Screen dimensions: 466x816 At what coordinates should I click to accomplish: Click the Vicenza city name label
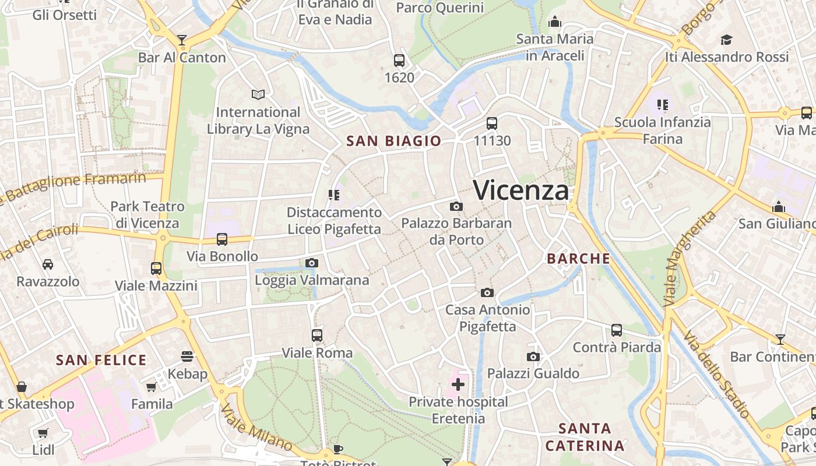tap(520, 190)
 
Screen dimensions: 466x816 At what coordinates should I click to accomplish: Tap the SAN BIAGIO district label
tap(393, 141)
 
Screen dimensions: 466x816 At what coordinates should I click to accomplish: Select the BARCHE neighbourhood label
tap(578, 259)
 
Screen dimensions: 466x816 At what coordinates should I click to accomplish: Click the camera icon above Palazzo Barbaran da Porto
tap(456, 206)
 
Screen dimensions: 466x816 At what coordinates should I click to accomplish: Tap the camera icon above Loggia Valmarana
tap(312, 263)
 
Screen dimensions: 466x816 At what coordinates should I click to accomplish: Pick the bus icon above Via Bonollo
tap(222, 239)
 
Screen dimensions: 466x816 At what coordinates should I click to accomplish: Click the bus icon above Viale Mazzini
tap(156, 269)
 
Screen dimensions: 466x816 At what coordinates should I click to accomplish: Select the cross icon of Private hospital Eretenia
tap(458, 384)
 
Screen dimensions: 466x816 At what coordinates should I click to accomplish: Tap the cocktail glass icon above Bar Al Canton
tap(182, 40)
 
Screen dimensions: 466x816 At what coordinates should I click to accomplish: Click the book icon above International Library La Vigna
tap(258, 94)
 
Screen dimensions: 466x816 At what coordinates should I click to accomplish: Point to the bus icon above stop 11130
tap(492, 123)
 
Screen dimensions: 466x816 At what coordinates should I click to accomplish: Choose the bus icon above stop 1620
tap(399, 60)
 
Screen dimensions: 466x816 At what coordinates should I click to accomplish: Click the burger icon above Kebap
tap(187, 356)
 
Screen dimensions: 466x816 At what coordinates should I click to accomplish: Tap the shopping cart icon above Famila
tap(152, 387)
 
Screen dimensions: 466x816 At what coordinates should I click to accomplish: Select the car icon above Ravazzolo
tap(48, 264)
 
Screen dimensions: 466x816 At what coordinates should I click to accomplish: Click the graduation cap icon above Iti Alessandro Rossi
tap(726, 40)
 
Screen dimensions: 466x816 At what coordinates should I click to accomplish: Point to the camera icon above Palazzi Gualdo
tap(533, 356)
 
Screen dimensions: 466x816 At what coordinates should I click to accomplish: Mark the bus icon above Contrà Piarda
tap(617, 330)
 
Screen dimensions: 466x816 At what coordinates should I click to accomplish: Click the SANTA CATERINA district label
tap(585, 437)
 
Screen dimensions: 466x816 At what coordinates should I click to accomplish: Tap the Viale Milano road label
tap(256, 428)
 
